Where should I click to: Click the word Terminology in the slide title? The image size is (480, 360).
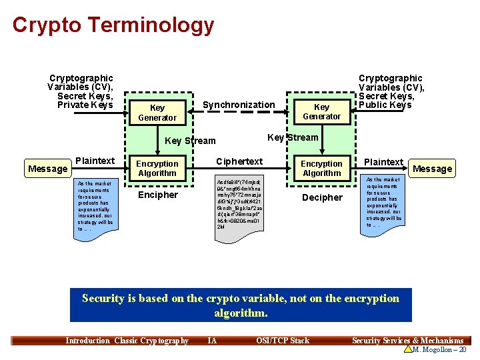point(151,25)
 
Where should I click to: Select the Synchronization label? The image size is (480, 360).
point(238,105)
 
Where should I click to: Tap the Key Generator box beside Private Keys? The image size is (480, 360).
point(157,113)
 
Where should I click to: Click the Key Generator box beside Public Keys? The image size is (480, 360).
point(321,111)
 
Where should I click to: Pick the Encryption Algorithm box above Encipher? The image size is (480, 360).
point(157,168)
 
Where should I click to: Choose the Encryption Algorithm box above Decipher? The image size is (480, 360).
point(321,168)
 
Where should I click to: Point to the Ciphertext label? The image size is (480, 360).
point(239,161)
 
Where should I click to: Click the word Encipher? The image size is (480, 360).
point(157,195)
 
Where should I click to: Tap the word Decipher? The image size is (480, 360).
point(322,197)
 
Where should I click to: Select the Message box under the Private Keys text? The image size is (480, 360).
point(47,169)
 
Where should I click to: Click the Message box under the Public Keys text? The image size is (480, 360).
point(432,169)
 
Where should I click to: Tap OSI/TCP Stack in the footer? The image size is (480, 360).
point(283,341)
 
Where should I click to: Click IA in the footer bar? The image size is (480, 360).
point(212,341)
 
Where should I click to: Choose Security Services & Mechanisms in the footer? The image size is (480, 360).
point(407,341)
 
